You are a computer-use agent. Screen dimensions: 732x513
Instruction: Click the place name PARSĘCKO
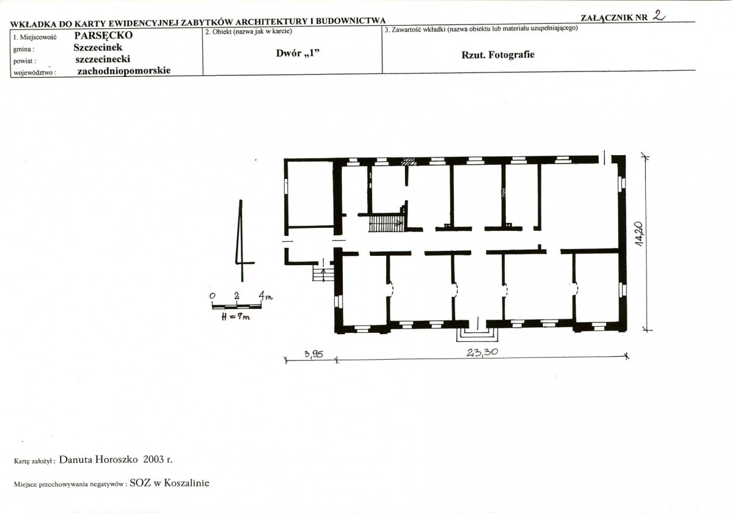[103, 35]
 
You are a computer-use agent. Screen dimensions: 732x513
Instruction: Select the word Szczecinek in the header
[98, 47]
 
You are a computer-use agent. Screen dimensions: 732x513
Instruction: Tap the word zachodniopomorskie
[123, 71]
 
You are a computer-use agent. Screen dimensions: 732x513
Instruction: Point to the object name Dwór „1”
[298, 53]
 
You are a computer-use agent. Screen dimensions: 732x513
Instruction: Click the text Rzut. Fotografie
[497, 54]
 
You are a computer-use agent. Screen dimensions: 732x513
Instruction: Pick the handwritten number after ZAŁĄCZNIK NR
[659, 15]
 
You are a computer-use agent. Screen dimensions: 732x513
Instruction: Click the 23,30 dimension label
[482, 352]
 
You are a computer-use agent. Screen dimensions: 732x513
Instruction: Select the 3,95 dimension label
[313, 354]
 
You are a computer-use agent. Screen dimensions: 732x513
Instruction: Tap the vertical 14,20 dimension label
[639, 234]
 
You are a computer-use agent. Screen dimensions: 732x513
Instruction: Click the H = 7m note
[236, 316]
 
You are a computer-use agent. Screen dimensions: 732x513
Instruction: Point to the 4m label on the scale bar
[266, 296]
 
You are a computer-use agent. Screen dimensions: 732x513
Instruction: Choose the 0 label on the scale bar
[213, 296]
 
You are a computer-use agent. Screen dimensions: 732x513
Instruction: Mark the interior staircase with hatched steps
[386, 223]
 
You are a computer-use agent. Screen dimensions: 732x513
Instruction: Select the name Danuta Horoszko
[98, 459]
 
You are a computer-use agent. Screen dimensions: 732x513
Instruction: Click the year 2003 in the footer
[153, 459]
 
